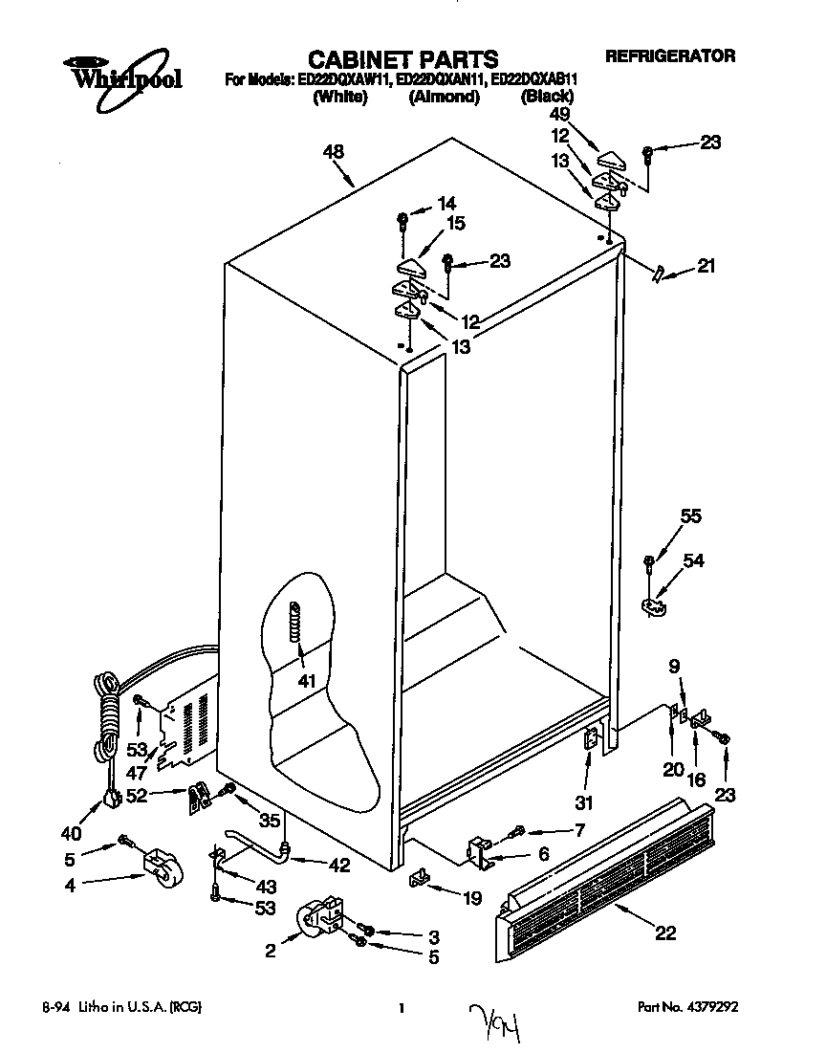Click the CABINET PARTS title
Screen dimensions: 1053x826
coord(402,60)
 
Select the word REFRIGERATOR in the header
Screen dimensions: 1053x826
coord(670,56)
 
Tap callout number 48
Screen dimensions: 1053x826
coord(334,151)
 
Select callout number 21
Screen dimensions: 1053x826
coord(706,267)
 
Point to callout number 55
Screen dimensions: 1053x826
coord(690,517)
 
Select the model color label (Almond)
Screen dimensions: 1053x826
coord(444,97)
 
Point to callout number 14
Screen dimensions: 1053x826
coord(447,203)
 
